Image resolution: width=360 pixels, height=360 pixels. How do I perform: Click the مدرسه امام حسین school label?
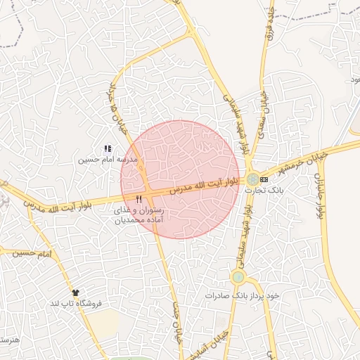(105, 160)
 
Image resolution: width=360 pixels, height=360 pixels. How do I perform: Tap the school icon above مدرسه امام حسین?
(108, 148)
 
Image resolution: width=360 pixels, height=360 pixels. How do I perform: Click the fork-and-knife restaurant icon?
(148, 201)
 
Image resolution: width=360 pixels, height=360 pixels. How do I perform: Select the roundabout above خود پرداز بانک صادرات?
(238, 277)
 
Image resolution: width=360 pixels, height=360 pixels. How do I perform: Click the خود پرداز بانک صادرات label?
(242, 295)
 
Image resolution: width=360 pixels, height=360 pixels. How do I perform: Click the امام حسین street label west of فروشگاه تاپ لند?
(34, 252)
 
